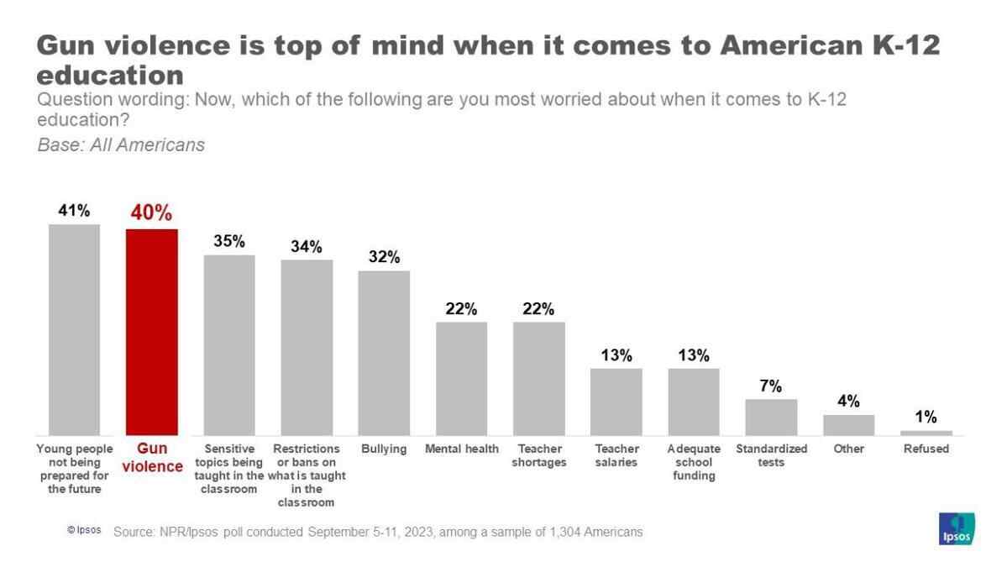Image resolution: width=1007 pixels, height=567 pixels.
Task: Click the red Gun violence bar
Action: pos(152,331)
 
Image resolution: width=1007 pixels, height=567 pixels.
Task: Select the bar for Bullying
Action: pos(384,352)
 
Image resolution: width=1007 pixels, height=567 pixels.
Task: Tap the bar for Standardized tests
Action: pos(771,417)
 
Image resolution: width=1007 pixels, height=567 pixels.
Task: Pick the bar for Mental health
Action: pos(461,378)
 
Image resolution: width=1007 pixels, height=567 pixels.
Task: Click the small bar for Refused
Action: pos(926,433)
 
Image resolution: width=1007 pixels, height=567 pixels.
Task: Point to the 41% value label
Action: pos(74,211)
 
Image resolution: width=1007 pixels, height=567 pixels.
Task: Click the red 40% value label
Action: pos(151,213)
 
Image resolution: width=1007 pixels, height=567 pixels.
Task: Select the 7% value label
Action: pos(771,386)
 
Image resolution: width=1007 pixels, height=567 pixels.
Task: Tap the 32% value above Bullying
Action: pos(384,257)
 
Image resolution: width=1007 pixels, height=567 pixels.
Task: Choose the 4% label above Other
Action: pos(848,402)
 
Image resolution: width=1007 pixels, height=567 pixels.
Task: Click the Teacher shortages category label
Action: pos(538,455)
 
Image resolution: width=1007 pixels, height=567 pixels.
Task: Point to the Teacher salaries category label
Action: pos(616,455)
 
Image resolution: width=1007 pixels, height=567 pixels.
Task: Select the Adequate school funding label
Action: pos(694,462)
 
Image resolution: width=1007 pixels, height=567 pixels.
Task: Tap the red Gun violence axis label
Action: pos(152,457)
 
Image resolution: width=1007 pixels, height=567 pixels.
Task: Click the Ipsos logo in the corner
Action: pos(956,528)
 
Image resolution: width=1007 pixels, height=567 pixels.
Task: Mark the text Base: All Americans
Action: pos(121,144)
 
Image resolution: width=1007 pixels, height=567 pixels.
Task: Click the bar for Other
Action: pos(848,424)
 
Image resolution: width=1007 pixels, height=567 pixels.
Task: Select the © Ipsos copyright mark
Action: pos(84,531)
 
